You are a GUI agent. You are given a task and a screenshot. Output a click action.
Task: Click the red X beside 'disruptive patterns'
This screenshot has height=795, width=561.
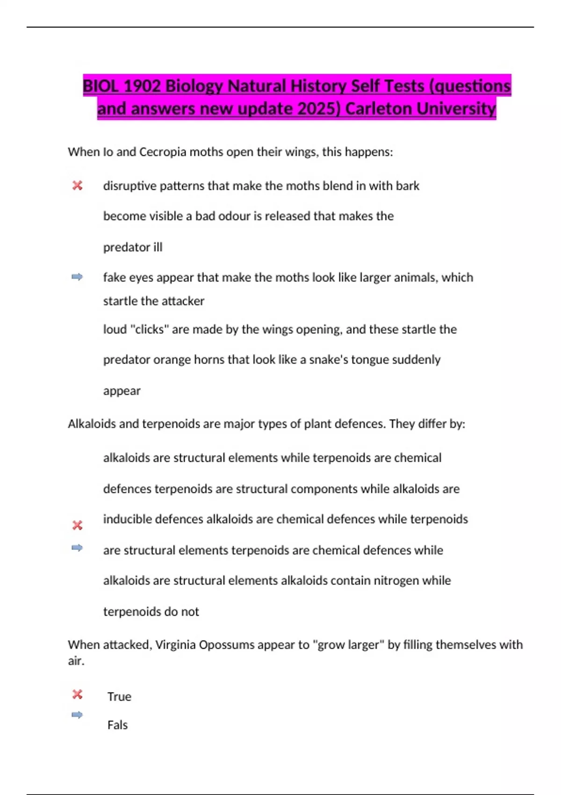coord(77,186)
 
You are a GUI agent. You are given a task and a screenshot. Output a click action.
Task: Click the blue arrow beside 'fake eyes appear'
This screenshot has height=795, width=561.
coord(77,277)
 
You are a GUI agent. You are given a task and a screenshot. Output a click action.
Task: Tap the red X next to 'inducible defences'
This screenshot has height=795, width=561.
coord(77,525)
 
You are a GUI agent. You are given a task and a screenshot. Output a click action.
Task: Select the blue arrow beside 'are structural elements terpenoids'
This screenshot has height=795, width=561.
coord(77,548)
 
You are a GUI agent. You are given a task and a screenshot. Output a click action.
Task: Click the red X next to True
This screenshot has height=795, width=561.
coord(77,694)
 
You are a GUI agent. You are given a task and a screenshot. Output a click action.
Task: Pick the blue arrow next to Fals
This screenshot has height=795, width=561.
coord(77,715)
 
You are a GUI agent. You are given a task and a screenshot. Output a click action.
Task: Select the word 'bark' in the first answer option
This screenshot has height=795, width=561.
coord(408,186)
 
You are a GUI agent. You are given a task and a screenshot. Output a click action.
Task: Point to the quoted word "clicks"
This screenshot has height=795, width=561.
coord(151,329)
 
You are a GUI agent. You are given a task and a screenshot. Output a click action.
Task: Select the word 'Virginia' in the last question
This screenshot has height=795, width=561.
coord(176,644)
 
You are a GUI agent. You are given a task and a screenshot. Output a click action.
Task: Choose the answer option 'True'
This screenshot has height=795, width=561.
coord(119,696)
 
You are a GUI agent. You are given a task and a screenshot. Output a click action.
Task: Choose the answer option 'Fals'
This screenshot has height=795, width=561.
coord(117,725)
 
